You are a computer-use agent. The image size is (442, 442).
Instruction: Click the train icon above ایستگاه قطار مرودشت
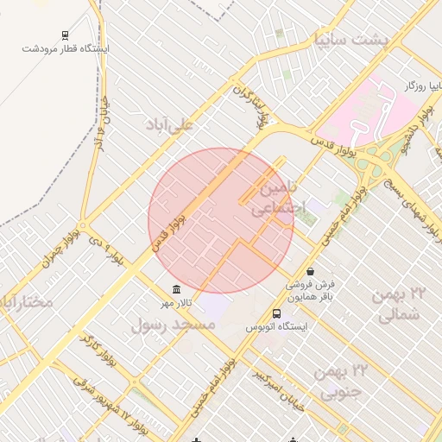coord(66,36)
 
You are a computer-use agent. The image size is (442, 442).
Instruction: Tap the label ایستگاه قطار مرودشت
coord(66,49)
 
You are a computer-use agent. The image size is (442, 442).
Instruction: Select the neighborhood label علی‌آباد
coord(172,125)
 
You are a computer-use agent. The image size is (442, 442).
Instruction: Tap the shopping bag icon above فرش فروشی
coord(310,271)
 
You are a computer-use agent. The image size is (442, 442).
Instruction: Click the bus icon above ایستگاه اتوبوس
coord(276,314)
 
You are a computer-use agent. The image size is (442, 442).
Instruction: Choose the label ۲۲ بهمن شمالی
coord(400,305)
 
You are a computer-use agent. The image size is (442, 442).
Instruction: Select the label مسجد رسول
coord(173,325)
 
